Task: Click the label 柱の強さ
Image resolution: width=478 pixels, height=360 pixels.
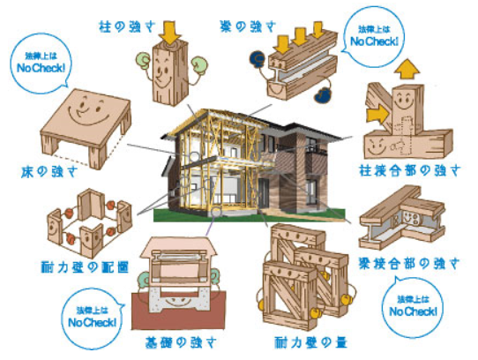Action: (127, 26)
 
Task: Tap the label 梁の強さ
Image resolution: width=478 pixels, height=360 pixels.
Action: (248, 26)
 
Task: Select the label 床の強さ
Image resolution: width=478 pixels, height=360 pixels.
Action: (49, 172)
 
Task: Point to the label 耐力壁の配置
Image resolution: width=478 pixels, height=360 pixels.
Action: (85, 267)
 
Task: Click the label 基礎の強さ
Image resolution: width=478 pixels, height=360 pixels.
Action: (181, 342)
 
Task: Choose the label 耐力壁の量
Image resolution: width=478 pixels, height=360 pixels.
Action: (310, 342)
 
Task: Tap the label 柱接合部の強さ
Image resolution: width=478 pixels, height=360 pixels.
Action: (410, 170)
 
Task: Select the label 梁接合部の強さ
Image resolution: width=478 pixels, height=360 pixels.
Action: (409, 264)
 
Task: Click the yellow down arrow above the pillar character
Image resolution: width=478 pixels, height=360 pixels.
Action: (170, 32)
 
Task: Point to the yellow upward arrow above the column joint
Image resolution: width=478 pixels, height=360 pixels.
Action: (407, 71)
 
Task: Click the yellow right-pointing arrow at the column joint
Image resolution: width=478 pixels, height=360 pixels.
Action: (377, 115)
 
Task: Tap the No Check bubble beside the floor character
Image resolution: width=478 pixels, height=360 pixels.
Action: (41, 64)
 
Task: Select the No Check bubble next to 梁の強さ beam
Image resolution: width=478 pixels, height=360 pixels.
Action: (374, 36)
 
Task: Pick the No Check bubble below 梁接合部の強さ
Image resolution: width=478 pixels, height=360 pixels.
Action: (413, 308)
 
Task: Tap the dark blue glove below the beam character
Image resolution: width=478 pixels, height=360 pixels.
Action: (324, 94)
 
